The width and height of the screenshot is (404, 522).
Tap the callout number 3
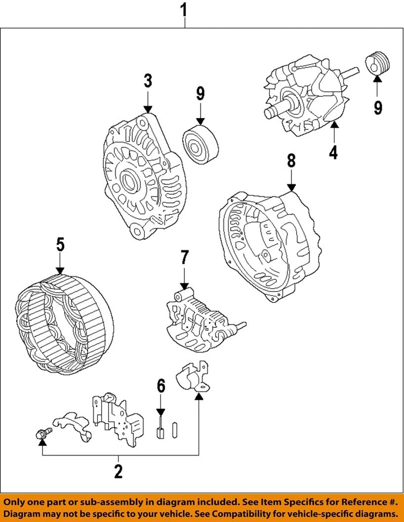click(148, 81)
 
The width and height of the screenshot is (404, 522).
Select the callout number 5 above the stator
click(60, 245)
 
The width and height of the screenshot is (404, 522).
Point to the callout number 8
click(291, 161)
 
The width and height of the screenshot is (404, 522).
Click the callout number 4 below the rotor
click(333, 152)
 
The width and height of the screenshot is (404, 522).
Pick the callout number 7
click(184, 258)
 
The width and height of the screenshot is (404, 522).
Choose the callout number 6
click(161, 386)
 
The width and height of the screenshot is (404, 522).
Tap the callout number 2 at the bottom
click(119, 471)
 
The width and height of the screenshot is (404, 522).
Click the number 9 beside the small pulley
click(378, 107)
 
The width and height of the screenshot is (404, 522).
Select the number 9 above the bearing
click(200, 94)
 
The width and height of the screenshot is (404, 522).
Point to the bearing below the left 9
click(200, 145)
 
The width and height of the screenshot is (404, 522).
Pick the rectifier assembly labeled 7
click(203, 320)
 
